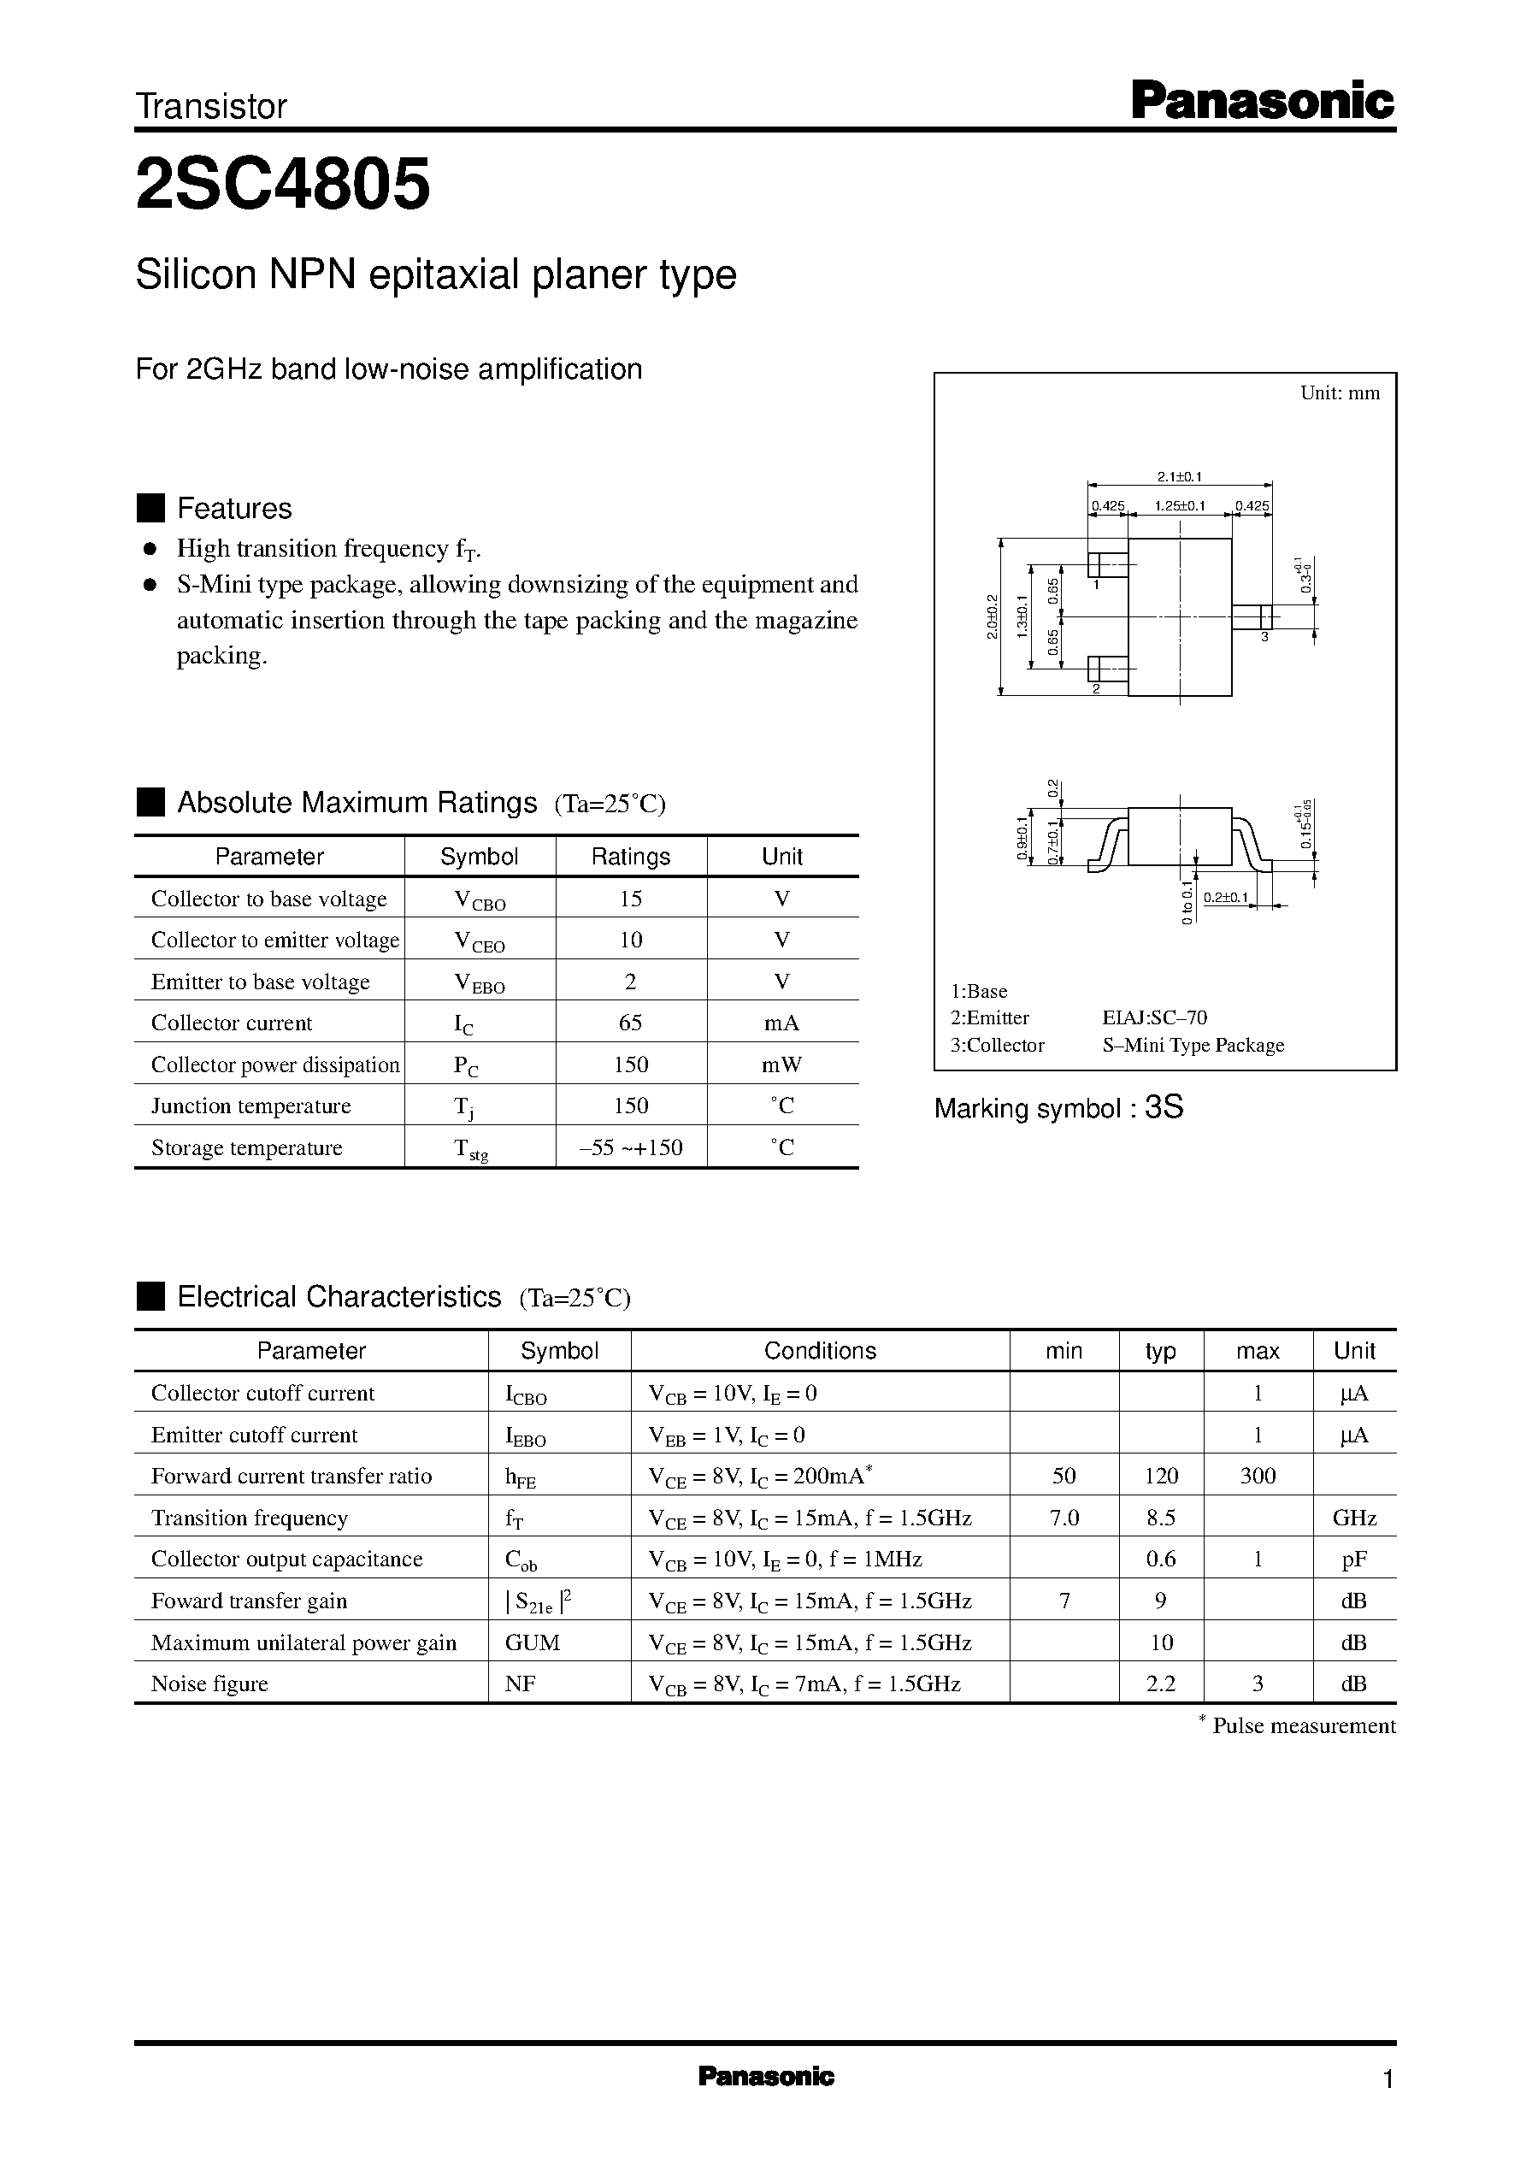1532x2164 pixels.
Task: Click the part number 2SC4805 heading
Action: pyautogui.click(x=283, y=184)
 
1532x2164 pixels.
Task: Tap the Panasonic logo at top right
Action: pyautogui.click(x=1261, y=102)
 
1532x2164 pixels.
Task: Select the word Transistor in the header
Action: pyautogui.click(x=211, y=107)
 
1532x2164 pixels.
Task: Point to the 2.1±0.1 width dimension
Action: pyautogui.click(x=1179, y=476)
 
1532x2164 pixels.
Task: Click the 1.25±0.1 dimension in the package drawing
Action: pyautogui.click(x=1179, y=505)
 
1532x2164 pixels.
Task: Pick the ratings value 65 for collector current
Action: pyautogui.click(x=630, y=1023)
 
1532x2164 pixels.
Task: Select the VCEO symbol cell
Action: pyautogui.click(x=480, y=941)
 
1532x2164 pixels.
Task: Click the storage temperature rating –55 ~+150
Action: pyautogui.click(x=630, y=1147)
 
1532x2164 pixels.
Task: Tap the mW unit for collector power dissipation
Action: pyautogui.click(x=781, y=1064)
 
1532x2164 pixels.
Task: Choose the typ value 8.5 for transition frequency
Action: pyautogui.click(x=1160, y=1518)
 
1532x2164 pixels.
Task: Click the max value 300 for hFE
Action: pyautogui.click(x=1258, y=1477)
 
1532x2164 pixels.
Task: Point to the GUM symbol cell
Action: pyautogui.click(x=532, y=1642)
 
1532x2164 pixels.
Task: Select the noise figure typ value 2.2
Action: pyautogui.click(x=1160, y=1683)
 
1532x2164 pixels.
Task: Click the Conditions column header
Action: pyautogui.click(x=820, y=1351)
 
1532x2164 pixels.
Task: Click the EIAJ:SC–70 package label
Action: pyautogui.click(x=1155, y=1017)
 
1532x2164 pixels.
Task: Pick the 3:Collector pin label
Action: pyautogui.click(x=997, y=1045)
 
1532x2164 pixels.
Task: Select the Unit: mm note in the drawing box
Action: pyautogui.click(x=1340, y=393)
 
